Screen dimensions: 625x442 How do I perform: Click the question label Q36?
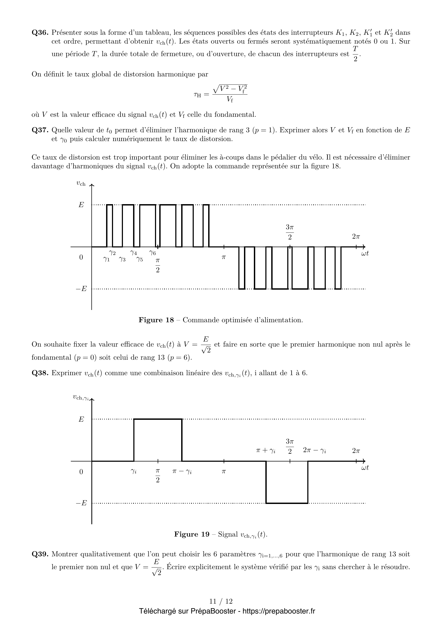pyautogui.click(x=40, y=33)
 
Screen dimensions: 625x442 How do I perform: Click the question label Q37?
pyautogui.click(x=40, y=130)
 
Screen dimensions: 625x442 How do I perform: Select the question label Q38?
pyautogui.click(x=40, y=373)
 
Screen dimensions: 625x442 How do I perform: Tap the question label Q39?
pyautogui.click(x=40, y=554)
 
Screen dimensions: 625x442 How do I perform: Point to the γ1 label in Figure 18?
pyautogui.click(x=106, y=259)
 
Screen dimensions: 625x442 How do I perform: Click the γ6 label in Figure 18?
pyautogui.click(x=152, y=253)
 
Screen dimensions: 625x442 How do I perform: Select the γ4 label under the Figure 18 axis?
pyautogui.click(x=133, y=253)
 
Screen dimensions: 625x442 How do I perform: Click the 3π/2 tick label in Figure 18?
pyautogui.click(x=290, y=232)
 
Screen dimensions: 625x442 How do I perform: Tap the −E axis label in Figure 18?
pyautogui.click(x=81, y=289)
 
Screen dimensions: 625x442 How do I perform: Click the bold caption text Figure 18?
pyautogui.click(x=156, y=320)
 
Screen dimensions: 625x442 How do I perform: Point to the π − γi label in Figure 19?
pyautogui.click(x=182, y=471)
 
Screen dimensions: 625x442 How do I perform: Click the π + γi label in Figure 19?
pyautogui.click(x=266, y=451)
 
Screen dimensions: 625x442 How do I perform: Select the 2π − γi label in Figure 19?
pyautogui.click(x=315, y=451)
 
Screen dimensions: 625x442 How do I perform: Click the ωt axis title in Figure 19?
pyautogui.click(x=365, y=468)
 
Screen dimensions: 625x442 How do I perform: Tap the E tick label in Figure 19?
pyautogui.click(x=81, y=420)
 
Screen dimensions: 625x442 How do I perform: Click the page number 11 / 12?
pyautogui.click(x=221, y=601)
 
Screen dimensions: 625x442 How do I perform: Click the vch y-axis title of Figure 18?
pyautogui.click(x=81, y=184)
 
